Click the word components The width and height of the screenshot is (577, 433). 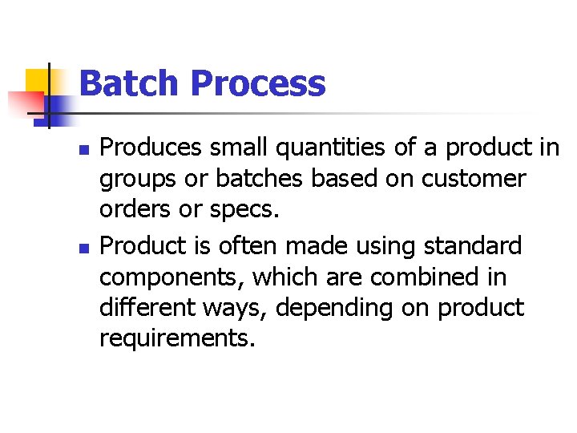click(x=172, y=277)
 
